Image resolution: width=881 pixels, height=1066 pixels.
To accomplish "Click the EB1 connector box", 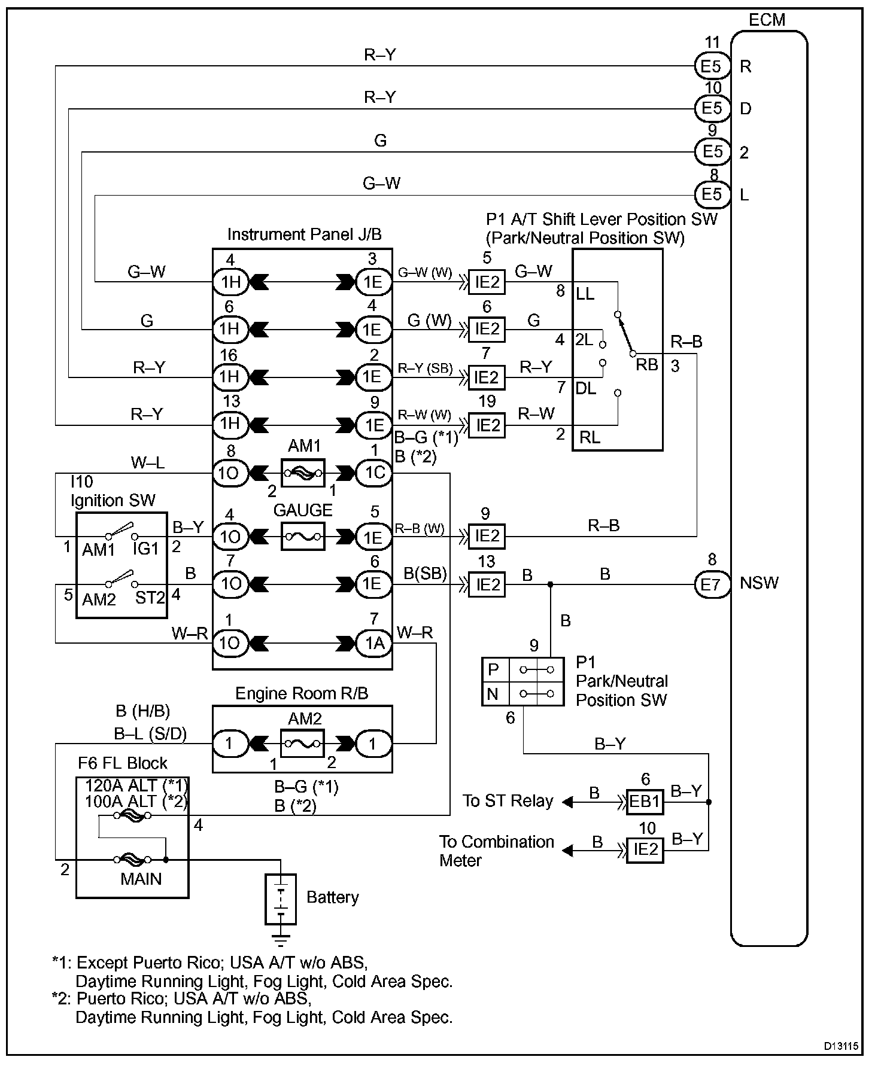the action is point(645,802).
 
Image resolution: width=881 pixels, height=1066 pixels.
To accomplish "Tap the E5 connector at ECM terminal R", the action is point(712,66).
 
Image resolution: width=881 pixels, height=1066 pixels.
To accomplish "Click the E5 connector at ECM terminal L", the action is point(712,194).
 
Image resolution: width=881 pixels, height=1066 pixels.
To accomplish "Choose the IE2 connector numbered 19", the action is point(487,425).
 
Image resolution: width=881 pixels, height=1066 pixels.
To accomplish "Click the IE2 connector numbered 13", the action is point(487,584).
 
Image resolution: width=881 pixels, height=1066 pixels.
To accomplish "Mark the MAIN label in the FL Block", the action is point(141,879).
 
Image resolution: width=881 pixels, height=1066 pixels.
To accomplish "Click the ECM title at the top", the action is point(767,20).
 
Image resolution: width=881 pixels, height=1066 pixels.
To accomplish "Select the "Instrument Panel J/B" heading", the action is point(304,234).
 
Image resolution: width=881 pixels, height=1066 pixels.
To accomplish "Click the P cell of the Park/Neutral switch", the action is point(495,669).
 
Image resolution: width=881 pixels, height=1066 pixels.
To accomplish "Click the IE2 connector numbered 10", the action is point(645,849).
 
